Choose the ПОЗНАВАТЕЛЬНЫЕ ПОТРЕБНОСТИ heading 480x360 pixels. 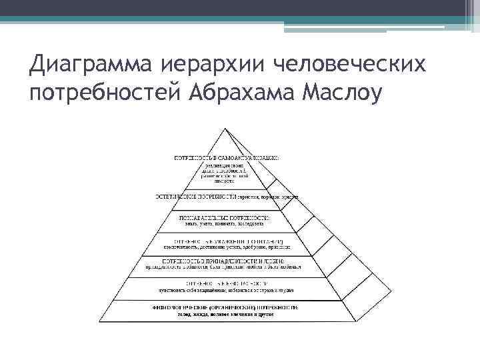click(x=225, y=218)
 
